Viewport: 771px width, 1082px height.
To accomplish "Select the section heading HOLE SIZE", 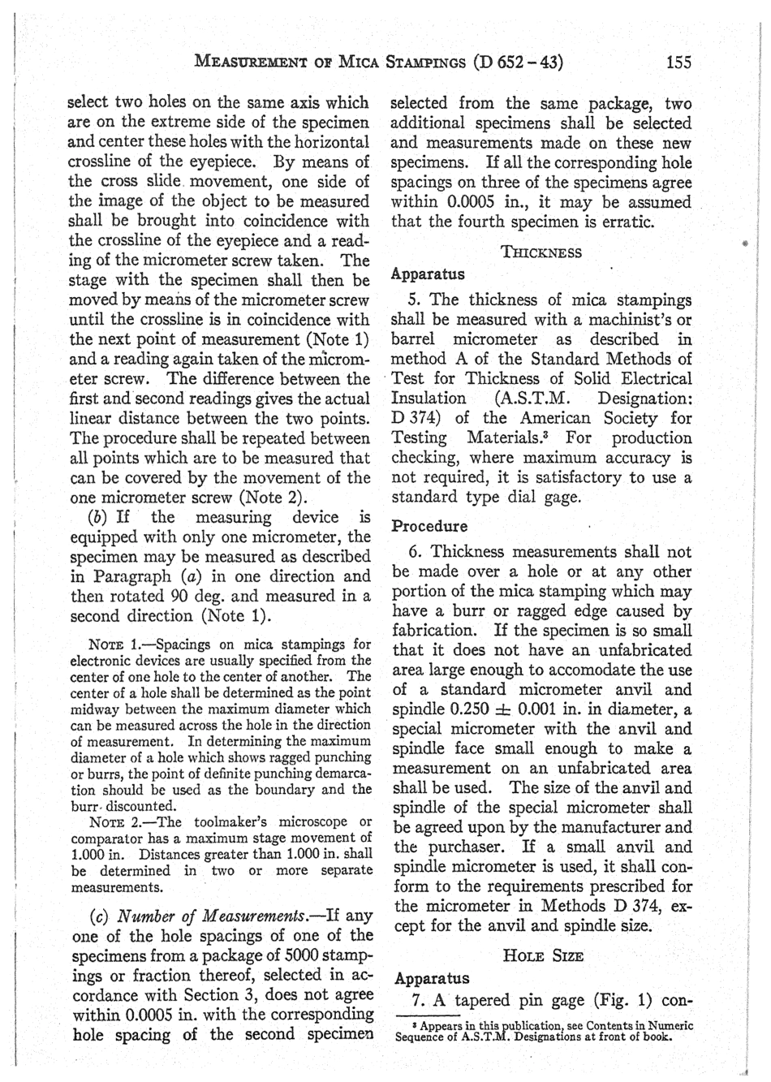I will [542, 956].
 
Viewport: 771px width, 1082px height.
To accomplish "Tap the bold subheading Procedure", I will [429, 526].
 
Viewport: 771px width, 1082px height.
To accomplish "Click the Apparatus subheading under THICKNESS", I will [428, 274].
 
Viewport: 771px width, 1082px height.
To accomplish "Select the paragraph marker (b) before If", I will [97, 518].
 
